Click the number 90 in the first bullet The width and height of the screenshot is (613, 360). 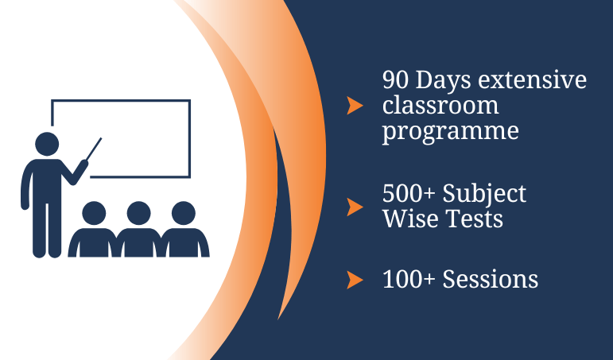coord(395,80)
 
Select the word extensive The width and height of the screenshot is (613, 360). coord(533,79)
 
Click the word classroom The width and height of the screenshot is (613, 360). coord(440,105)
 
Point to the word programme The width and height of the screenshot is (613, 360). coord(450,131)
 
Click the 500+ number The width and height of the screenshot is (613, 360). coord(409,193)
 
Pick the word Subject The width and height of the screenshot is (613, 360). coord(484,194)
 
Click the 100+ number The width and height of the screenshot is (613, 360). coord(409,279)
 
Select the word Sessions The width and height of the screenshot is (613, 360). coord(491,279)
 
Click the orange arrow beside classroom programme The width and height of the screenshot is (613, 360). coord(355,106)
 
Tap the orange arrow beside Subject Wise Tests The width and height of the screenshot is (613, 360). coord(355,207)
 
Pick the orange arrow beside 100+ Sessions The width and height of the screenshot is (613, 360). coord(355,280)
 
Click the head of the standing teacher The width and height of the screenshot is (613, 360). coord(47,144)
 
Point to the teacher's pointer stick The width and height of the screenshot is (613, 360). coord(94,149)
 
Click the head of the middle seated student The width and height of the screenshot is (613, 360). coord(139,213)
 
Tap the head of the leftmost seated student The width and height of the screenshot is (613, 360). coord(94,213)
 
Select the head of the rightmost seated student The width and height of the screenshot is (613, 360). coord(184,213)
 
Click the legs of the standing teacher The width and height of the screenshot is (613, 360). coord(47,230)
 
